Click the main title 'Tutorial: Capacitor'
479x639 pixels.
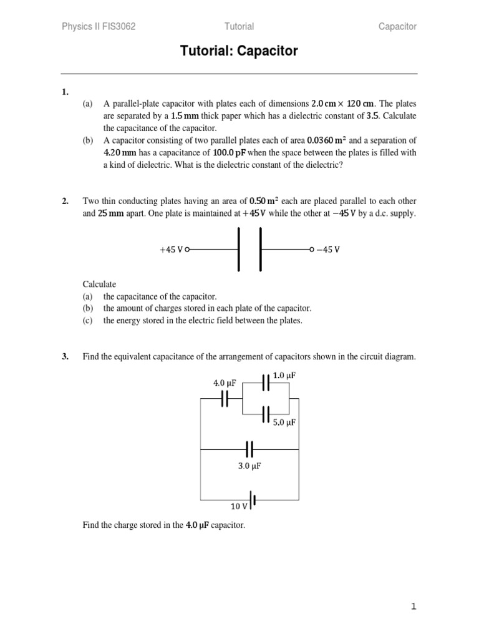click(x=239, y=51)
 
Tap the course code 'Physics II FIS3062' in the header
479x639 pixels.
click(x=99, y=26)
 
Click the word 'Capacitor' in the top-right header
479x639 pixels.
click(x=397, y=26)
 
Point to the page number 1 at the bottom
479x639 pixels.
click(x=413, y=606)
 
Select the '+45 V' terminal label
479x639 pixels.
click(x=172, y=250)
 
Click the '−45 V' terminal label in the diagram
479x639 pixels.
click(x=328, y=250)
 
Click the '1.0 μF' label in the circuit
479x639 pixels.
click(x=284, y=376)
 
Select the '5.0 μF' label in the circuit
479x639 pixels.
click(x=284, y=422)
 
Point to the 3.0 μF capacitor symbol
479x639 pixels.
click(x=249, y=449)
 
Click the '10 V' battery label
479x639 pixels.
click(x=239, y=506)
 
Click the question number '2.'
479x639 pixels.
click(x=65, y=201)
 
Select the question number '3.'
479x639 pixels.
click(x=65, y=357)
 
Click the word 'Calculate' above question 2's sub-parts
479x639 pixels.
click(x=99, y=284)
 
